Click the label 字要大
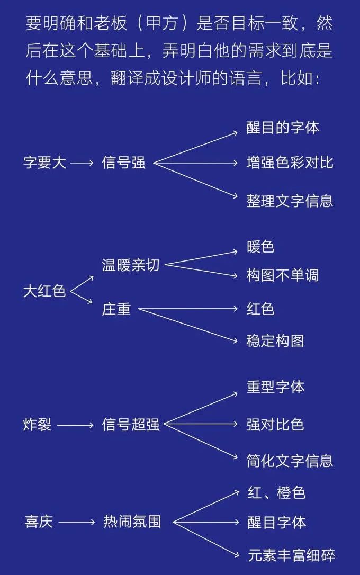click(x=44, y=163)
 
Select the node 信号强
click(x=123, y=163)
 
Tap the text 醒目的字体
click(x=283, y=128)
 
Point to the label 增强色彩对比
click(x=290, y=163)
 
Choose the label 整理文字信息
click(x=290, y=201)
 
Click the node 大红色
click(x=44, y=291)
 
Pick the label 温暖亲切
click(x=131, y=265)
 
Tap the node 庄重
click(x=116, y=309)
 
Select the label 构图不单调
click(x=283, y=275)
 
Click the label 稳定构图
click(x=275, y=341)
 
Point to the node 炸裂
click(x=38, y=425)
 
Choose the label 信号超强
click(x=131, y=425)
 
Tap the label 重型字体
click(x=275, y=387)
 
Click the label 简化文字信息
click(x=290, y=461)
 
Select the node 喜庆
click(x=39, y=522)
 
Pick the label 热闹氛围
click(x=132, y=522)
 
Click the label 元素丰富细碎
click(x=292, y=555)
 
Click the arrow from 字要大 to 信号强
click(x=82, y=163)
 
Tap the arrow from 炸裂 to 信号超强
click(x=76, y=425)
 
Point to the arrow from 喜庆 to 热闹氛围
click(x=77, y=522)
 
